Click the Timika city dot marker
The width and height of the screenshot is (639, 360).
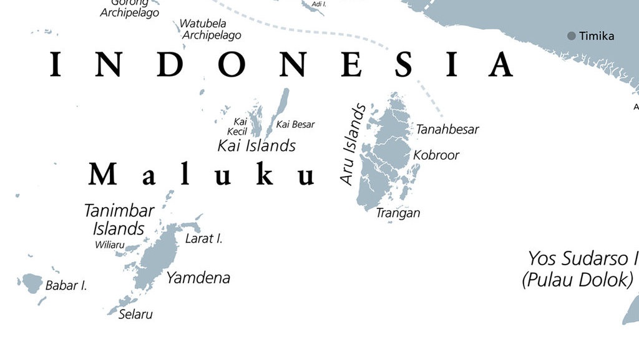(571, 36)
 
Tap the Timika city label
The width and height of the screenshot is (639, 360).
(597, 36)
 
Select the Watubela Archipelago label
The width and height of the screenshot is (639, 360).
(211, 29)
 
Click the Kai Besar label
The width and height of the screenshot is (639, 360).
(295, 124)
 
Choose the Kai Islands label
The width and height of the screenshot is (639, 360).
(256, 145)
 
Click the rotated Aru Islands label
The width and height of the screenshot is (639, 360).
(353, 145)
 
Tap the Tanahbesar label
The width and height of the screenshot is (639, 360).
(447, 129)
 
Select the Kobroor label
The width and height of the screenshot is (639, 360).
(436, 155)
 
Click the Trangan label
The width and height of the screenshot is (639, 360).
(398, 213)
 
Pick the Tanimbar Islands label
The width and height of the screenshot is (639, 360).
(119, 219)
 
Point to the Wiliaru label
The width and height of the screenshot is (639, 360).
(109, 245)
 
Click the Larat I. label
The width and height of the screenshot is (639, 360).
(203, 238)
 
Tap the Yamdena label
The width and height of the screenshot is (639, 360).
(198, 278)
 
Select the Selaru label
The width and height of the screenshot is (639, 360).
(135, 314)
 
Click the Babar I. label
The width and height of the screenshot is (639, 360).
(66, 286)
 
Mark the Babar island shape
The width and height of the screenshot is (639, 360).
(30, 283)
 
